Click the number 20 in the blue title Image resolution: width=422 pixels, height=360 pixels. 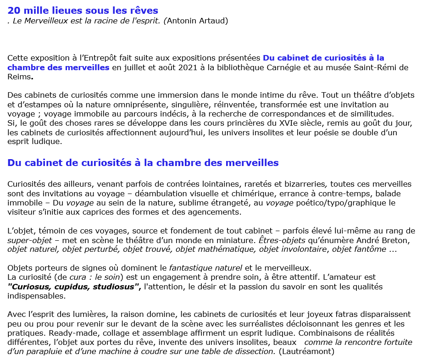pyautogui.click(x=14, y=10)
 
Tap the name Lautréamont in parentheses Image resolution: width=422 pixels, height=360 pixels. pyautogui.click(x=306, y=351)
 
